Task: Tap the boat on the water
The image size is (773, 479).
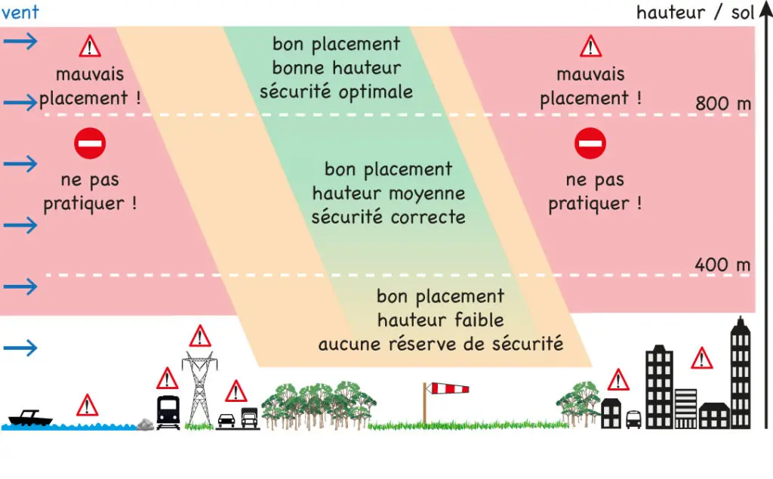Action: point(30,419)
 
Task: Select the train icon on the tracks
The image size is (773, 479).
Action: point(168,412)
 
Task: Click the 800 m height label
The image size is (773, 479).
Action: point(723,104)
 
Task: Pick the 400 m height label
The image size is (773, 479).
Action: point(722,265)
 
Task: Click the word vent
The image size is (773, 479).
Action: point(20,12)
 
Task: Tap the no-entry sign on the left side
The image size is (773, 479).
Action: point(90,144)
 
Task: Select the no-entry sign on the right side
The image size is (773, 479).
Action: point(590,144)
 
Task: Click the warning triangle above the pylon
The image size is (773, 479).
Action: point(200,336)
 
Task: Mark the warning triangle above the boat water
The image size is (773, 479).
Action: point(88,406)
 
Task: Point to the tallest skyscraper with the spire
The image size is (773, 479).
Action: point(740,372)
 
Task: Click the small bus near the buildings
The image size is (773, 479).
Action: point(633,419)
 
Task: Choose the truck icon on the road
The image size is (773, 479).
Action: point(249,418)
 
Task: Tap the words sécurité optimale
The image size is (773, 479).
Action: point(336,92)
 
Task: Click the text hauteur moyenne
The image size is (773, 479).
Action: point(389,193)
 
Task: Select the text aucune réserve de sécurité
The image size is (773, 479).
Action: point(441,344)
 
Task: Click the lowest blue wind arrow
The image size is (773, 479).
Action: point(20,348)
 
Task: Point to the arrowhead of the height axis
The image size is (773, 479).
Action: point(765,10)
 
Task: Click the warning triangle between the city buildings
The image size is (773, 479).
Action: point(701,359)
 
